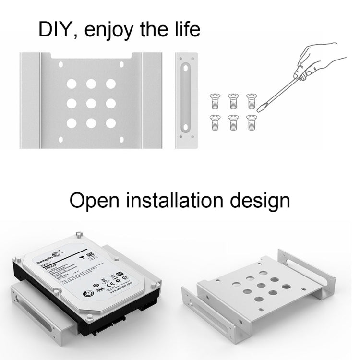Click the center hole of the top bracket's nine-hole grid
click(91, 103)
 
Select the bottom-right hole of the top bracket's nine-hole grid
click(111, 123)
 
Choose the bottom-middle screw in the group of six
click(232, 122)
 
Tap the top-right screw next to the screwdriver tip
click(251, 100)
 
